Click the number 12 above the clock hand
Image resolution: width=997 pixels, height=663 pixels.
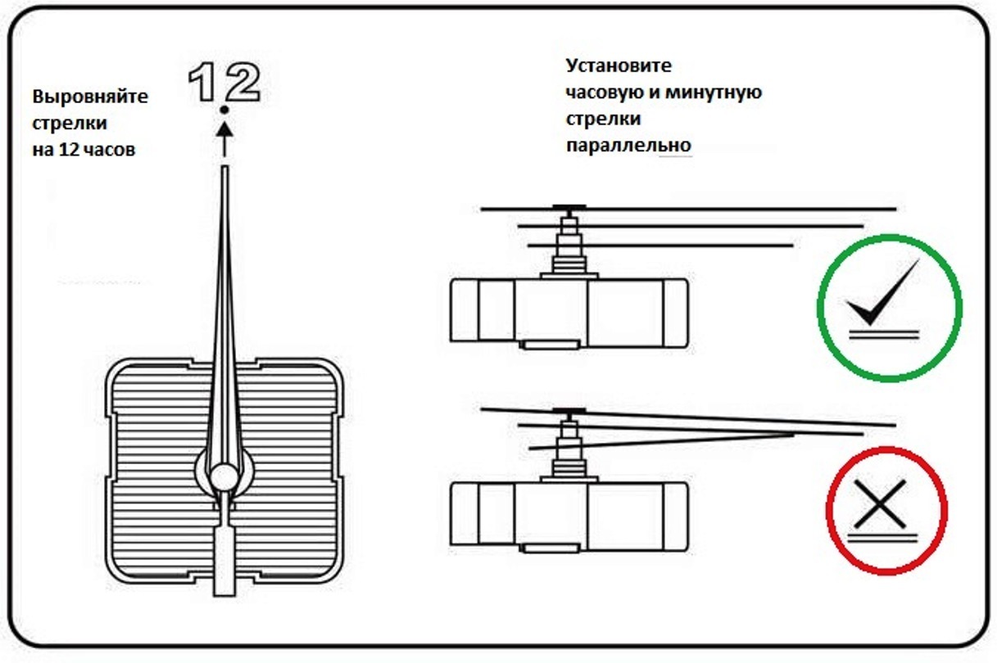point(224,82)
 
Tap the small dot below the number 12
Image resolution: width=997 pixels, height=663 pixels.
point(224,110)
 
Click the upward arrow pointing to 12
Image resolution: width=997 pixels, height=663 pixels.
point(224,138)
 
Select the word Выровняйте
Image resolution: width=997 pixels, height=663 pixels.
point(91,97)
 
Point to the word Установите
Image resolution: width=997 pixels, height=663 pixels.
point(619,65)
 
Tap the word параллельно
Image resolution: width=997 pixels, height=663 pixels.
point(628,147)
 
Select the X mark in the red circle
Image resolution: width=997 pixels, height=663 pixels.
point(881,503)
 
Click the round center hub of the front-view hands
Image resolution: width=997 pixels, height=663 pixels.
point(223,476)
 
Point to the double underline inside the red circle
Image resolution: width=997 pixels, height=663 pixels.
point(884,536)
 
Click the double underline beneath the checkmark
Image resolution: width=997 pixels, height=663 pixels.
point(882,329)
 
